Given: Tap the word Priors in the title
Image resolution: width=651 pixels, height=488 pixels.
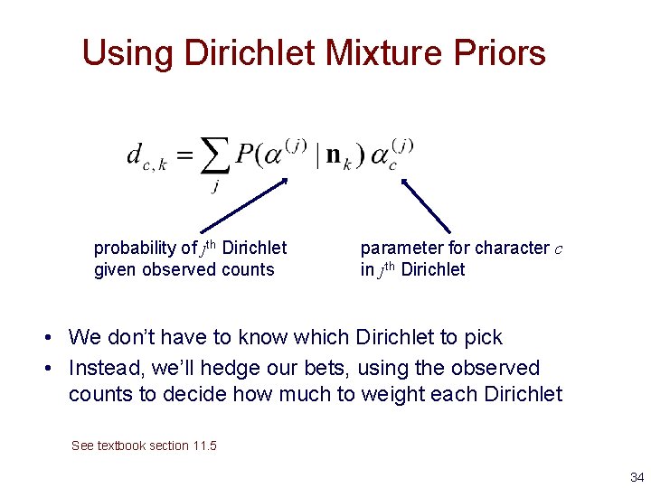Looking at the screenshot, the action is click(x=499, y=52).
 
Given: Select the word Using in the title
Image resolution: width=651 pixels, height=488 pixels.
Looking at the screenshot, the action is click(x=127, y=54).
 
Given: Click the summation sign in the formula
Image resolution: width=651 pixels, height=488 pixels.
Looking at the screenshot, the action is click(x=215, y=155).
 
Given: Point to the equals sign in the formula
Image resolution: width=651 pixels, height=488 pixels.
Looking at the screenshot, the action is click(x=184, y=155).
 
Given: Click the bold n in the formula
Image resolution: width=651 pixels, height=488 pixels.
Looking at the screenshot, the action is click(x=334, y=155).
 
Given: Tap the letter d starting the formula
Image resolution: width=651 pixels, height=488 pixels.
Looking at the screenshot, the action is click(x=134, y=154).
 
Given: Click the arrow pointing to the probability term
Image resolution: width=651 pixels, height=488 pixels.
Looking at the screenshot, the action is click(x=244, y=205).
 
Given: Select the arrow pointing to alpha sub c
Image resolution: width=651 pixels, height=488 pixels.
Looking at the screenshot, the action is click(x=426, y=205).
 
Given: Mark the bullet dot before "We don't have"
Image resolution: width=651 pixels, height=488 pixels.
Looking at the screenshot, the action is click(x=48, y=337).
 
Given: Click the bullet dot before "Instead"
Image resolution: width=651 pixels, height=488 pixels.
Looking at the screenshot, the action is click(x=48, y=368).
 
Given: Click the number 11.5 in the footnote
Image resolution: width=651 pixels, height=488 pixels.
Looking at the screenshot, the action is click(x=204, y=446).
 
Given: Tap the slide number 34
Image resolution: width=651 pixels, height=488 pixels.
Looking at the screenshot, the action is click(x=637, y=477).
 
